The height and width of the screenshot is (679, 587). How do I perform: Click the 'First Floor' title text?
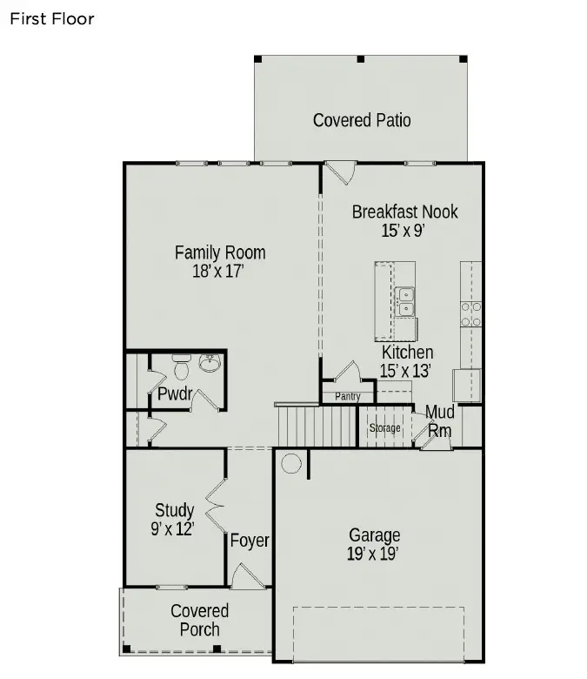[x=51, y=18]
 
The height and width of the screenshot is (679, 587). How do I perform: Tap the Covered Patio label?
[x=362, y=120]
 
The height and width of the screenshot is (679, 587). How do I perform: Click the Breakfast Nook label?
[x=404, y=212]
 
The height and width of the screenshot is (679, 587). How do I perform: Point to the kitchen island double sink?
[x=405, y=301]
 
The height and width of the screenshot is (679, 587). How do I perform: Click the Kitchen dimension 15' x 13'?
[x=407, y=370]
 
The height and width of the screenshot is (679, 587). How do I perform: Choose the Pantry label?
[x=347, y=397]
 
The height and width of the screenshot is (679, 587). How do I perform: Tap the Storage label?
[x=385, y=427]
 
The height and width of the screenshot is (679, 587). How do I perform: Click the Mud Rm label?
[x=440, y=420]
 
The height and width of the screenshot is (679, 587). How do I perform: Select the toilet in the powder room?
[x=182, y=367]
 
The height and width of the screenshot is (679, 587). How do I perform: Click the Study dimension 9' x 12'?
[x=172, y=528]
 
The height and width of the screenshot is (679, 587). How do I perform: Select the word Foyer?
[x=250, y=541]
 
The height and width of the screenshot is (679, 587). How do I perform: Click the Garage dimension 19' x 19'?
[x=375, y=554]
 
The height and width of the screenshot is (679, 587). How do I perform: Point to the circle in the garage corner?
[x=291, y=463]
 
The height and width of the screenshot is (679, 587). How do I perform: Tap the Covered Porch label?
[x=199, y=620]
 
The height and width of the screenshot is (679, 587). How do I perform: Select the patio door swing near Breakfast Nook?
[x=339, y=171]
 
